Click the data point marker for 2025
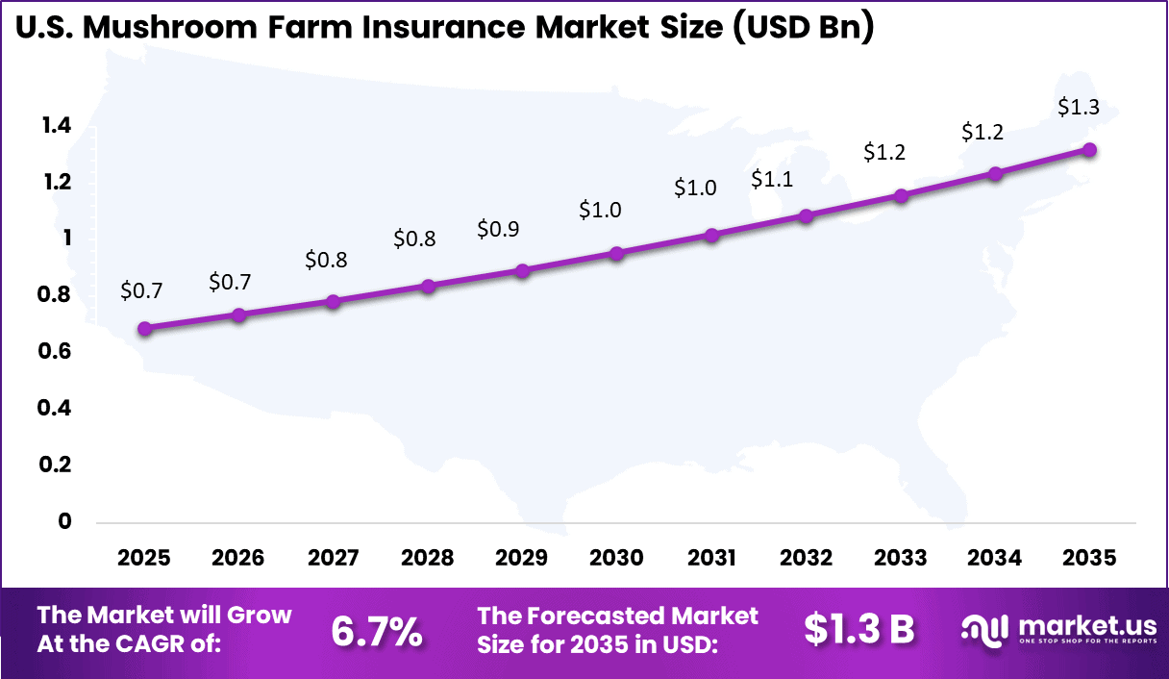[x=145, y=328]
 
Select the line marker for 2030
[x=617, y=254]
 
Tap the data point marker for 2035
[x=1089, y=149]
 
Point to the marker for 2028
[x=429, y=286]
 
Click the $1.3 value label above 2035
[x=1079, y=108]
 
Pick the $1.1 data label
[x=772, y=178]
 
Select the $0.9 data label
[x=498, y=230]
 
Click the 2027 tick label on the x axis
[x=334, y=558]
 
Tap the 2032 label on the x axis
[x=806, y=558]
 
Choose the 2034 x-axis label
[x=995, y=558]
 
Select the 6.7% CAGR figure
[x=377, y=631]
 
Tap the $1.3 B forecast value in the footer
[x=858, y=630]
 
